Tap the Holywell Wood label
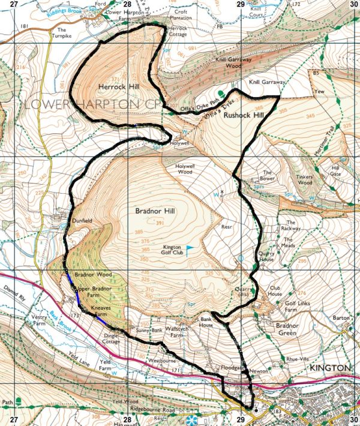point(187,169)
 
